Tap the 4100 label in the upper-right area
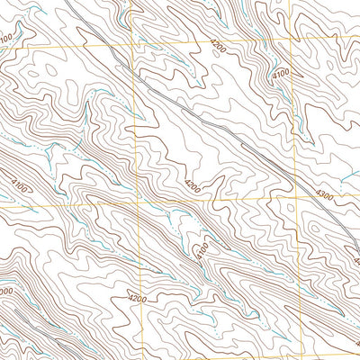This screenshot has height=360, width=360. pyautogui.click(x=281, y=72)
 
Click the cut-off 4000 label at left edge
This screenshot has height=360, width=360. pyautogui.click(x=4, y=292)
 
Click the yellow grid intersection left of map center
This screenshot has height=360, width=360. pyautogui.click(x=134, y=204)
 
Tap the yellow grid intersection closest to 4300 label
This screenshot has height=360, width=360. pyautogui.click(x=296, y=198)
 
